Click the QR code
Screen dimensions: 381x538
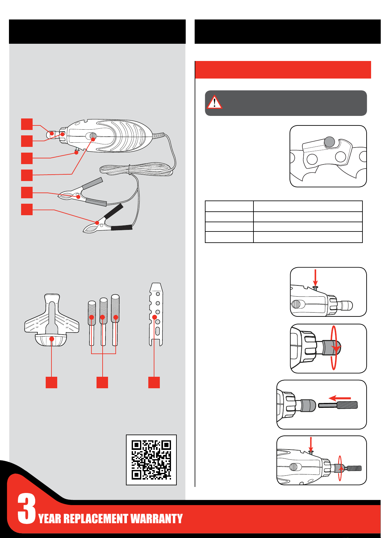(151, 460)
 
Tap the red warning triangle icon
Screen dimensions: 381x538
(214, 102)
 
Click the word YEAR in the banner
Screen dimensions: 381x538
(50, 519)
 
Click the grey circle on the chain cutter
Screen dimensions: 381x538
(329, 141)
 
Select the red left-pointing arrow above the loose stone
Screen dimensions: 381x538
(340, 398)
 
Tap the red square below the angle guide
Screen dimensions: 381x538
(51, 382)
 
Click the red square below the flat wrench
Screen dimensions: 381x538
(154, 382)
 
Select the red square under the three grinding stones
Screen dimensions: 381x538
(102, 382)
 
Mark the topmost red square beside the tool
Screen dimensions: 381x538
(27, 124)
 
